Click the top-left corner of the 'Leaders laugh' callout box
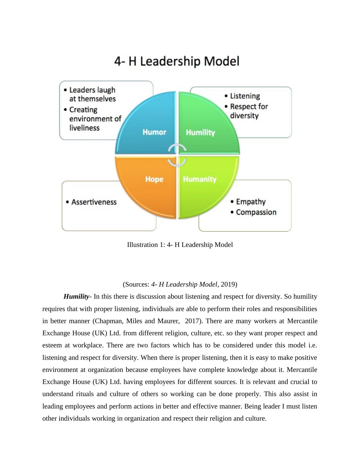[59, 81]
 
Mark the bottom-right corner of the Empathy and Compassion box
[291, 231]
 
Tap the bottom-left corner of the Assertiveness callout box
[62, 231]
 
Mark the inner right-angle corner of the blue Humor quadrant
[176, 153]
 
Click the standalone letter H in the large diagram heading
[133, 61]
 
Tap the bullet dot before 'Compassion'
[232, 212]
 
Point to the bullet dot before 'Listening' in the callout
[226, 96]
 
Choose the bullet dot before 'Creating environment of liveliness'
[65, 110]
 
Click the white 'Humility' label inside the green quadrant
[201, 133]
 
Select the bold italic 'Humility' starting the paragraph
[76, 297]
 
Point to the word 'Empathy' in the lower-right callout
[251, 202]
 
